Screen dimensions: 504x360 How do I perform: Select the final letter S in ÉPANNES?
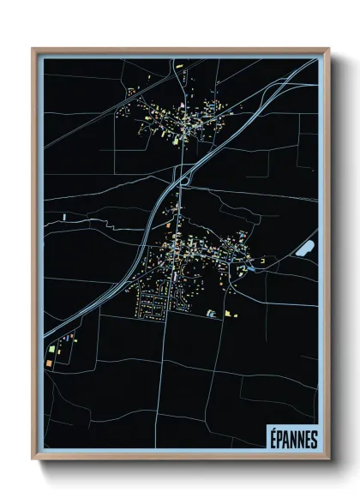(x=313, y=438)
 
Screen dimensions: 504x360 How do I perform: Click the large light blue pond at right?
(x=304, y=249)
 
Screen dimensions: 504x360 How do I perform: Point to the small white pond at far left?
(x=64, y=218)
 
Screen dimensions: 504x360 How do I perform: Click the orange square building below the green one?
(x=50, y=363)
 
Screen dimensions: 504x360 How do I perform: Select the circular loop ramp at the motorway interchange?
(x=182, y=178)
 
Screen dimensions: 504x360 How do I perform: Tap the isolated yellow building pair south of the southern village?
(x=229, y=314)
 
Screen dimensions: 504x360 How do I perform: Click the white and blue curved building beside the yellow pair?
(x=210, y=315)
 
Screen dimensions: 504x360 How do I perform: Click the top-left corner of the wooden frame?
(x=33, y=49)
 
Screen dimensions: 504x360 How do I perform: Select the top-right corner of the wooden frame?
(x=328, y=49)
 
